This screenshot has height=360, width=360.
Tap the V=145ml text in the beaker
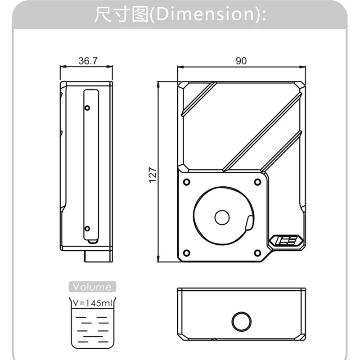tap(93, 303)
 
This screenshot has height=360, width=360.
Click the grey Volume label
tap(92, 287)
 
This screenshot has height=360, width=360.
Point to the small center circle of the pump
tap(222, 217)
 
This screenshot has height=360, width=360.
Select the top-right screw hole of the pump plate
tap(257, 181)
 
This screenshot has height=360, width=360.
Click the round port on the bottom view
tap(241, 321)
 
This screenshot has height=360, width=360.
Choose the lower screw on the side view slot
tap(87, 229)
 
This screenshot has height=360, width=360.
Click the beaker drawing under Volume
tap(92, 324)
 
